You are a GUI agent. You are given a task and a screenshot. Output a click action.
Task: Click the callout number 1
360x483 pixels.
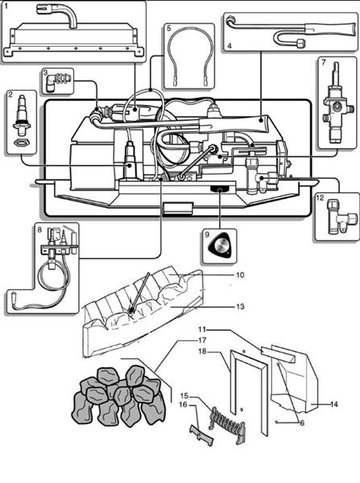pos(7,7)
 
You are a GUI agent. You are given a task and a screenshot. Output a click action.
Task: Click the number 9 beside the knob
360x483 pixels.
pos(208,235)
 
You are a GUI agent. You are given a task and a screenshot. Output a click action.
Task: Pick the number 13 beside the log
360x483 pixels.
pos(240,307)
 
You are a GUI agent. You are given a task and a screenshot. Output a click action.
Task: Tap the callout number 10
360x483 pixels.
pos(239,275)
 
